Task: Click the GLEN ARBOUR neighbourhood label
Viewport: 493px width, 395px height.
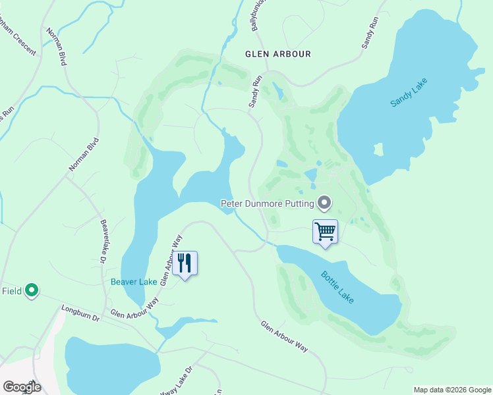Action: (x=277, y=54)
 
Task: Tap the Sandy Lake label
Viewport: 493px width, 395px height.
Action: (x=409, y=93)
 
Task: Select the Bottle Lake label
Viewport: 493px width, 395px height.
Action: (x=337, y=287)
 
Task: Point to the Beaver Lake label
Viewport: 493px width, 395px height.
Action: (x=134, y=282)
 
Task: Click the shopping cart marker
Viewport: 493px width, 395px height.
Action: (x=325, y=232)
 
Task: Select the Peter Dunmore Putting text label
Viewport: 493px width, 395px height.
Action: (x=266, y=203)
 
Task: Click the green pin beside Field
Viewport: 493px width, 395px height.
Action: (x=31, y=290)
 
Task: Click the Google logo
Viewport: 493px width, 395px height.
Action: (x=21, y=387)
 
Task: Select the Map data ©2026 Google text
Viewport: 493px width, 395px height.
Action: (x=451, y=390)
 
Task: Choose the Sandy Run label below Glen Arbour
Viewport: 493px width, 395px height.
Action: (x=255, y=92)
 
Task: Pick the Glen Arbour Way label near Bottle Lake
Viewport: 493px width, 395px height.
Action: (x=284, y=336)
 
